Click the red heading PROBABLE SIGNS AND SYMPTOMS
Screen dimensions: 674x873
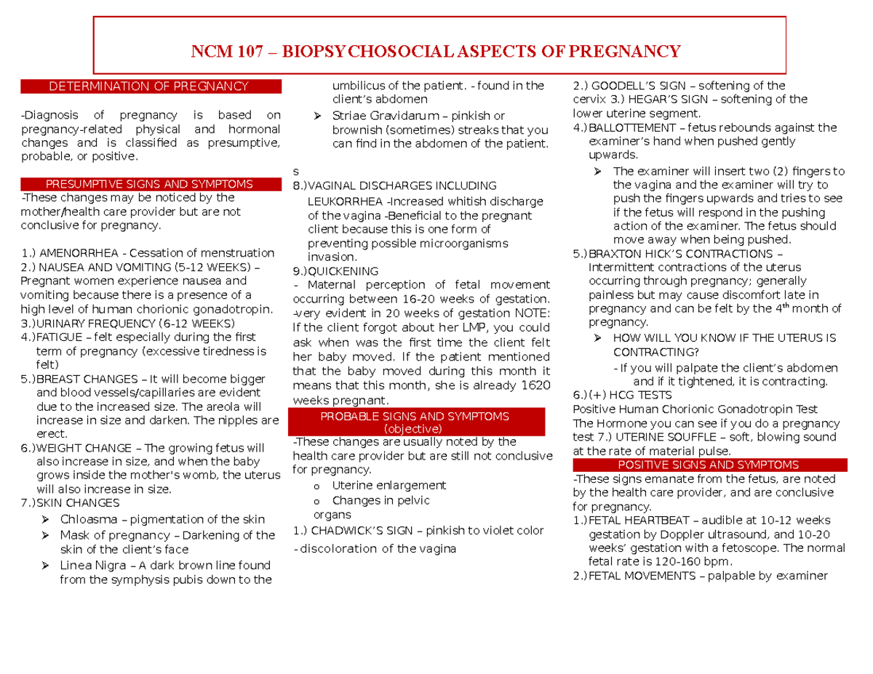coord(416,416)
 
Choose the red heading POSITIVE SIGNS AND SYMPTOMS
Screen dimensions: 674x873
coord(708,465)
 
